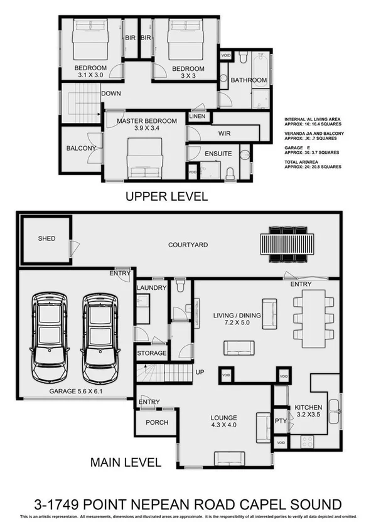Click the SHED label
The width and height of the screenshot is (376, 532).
(x=46, y=238)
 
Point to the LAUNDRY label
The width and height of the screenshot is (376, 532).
(x=152, y=288)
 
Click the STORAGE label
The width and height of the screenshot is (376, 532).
(x=152, y=353)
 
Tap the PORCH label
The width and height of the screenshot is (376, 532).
(x=156, y=422)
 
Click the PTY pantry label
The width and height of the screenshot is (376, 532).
(x=281, y=421)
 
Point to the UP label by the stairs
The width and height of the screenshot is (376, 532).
(x=201, y=372)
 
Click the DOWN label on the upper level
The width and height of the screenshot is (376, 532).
(x=110, y=93)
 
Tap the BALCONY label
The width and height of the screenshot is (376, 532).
(x=81, y=149)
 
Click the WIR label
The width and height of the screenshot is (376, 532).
(x=225, y=134)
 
